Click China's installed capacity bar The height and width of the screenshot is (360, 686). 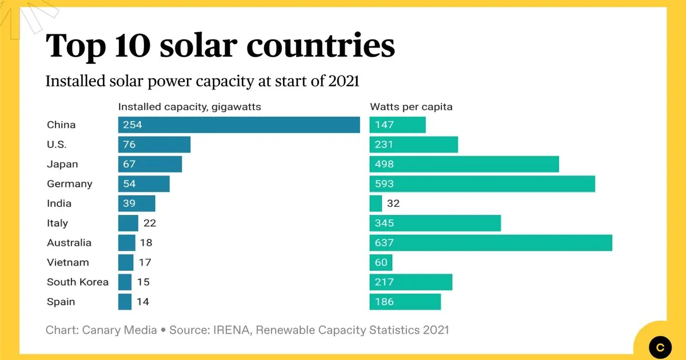239,125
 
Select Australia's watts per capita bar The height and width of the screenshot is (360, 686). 490,243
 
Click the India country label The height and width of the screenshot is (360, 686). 59,203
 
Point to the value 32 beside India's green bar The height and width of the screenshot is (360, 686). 393,203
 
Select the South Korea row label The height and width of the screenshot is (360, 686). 78,282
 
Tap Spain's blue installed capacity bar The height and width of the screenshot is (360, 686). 125,302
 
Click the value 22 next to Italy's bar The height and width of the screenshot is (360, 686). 150,223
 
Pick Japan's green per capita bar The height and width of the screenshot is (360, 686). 464,165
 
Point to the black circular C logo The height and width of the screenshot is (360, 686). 661,346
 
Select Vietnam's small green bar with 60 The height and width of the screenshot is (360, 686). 381,262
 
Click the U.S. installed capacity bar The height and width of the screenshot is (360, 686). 154,145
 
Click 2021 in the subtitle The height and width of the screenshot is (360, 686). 344,81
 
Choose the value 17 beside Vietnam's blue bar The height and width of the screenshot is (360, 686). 145,262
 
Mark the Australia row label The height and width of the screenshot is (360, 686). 69,243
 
